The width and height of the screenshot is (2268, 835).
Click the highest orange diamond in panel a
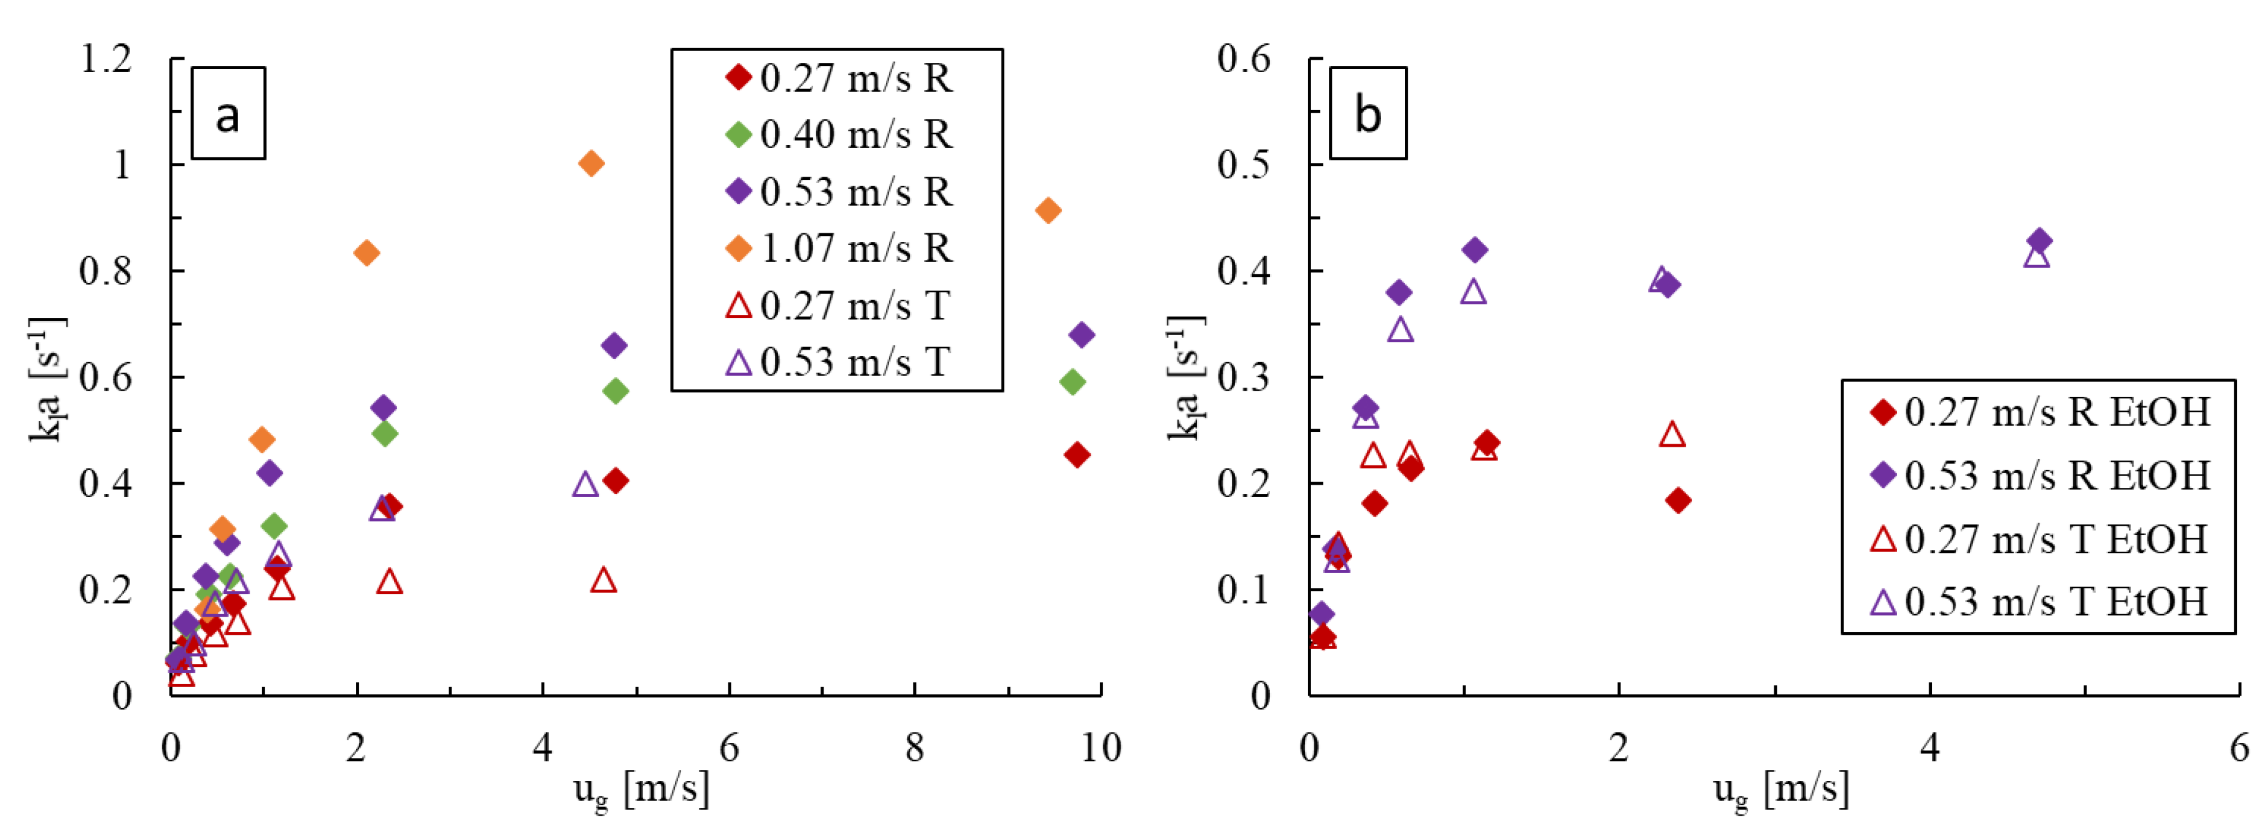tap(591, 164)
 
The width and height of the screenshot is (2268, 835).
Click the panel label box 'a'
tap(228, 113)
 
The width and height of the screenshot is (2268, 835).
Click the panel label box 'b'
tap(1367, 113)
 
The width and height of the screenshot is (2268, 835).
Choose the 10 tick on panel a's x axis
tap(1101, 749)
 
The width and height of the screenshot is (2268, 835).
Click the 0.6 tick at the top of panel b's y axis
tap(1243, 60)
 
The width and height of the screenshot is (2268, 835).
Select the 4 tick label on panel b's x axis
tap(1929, 749)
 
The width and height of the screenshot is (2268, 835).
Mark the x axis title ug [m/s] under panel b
tap(1781, 788)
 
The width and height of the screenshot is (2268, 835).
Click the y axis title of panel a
tap(46, 378)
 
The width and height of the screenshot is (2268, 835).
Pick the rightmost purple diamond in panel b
tap(2039, 240)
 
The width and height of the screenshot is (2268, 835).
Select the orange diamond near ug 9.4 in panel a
tap(1048, 210)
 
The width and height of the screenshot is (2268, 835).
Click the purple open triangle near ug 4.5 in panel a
tap(585, 485)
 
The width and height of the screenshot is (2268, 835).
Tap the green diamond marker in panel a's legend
tap(738, 134)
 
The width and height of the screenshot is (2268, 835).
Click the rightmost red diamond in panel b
tap(1678, 501)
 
